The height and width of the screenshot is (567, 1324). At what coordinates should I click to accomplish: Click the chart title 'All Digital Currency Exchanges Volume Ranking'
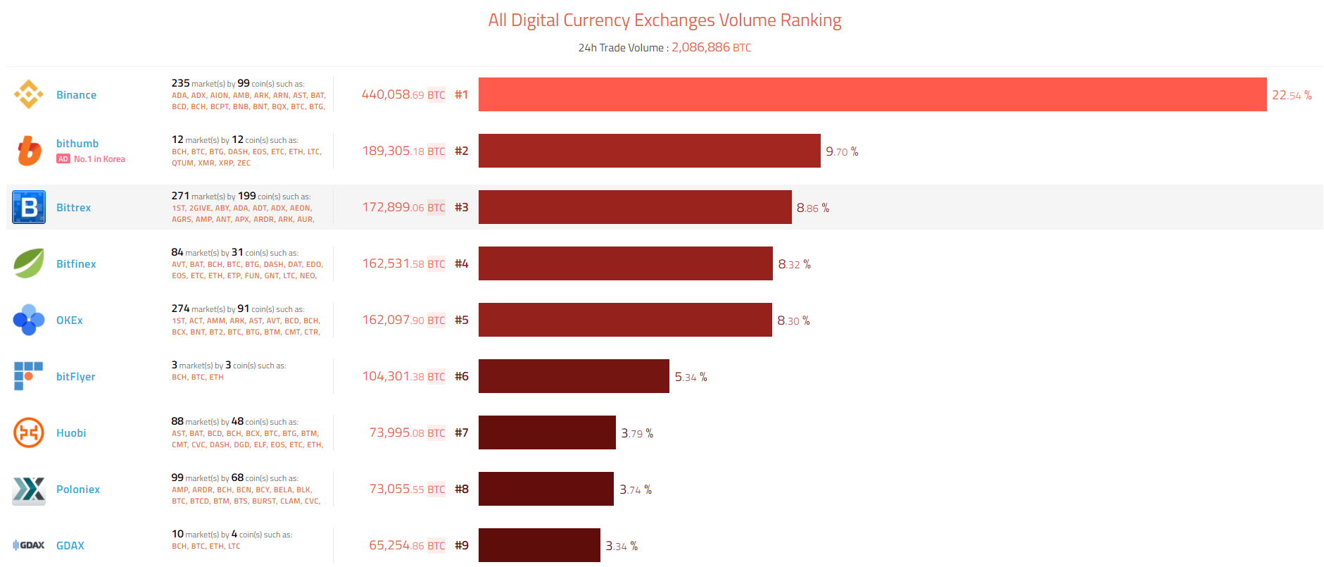click(x=664, y=20)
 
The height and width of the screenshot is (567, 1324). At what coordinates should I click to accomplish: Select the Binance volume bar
click(x=872, y=94)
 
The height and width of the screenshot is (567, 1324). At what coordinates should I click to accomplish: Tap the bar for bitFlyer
click(x=574, y=376)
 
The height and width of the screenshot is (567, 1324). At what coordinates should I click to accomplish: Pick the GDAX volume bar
click(x=539, y=545)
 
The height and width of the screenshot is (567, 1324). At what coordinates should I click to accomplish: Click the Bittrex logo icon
click(x=29, y=207)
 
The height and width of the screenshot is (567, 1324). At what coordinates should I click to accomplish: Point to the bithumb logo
click(x=29, y=151)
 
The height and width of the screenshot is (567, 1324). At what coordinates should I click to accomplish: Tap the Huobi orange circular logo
click(x=29, y=432)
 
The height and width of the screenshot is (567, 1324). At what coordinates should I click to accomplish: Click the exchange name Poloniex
click(x=78, y=490)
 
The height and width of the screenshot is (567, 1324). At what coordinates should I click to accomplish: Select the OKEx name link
click(x=70, y=320)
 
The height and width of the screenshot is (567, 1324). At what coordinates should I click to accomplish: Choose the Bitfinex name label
click(x=76, y=264)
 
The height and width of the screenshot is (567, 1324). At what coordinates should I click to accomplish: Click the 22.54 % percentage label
click(x=1291, y=95)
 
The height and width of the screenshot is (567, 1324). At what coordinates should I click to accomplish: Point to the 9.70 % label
click(x=841, y=151)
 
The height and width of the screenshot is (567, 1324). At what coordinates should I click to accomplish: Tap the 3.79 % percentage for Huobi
click(x=636, y=433)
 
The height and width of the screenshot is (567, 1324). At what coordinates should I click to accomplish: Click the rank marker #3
click(x=461, y=207)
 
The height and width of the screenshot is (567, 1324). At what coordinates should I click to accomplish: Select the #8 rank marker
click(x=461, y=489)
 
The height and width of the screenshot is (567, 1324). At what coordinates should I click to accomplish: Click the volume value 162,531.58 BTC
click(x=403, y=263)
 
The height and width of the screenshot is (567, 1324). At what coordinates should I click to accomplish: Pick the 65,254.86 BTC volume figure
click(x=407, y=545)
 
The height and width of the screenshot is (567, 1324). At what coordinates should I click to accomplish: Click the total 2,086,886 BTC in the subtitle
click(x=711, y=47)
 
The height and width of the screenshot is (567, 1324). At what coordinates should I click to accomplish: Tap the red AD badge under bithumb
click(x=63, y=159)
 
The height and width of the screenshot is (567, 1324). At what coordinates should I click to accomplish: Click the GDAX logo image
click(x=29, y=545)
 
